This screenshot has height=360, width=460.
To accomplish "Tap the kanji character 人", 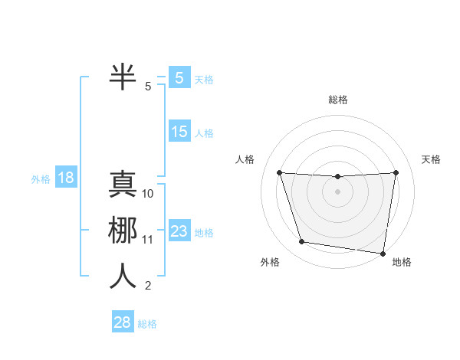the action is click(x=123, y=276).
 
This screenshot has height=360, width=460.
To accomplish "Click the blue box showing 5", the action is click(x=179, y=77).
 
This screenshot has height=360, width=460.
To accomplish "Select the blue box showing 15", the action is click(x=179, y=132).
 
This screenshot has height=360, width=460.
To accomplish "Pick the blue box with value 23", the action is click(x=179, y=231).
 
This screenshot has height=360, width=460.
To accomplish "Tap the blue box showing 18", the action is click(x=65, y=178).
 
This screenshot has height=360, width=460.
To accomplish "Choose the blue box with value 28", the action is click(x=123, y=322).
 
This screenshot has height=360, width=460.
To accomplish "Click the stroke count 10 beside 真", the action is click(x=148, y=194).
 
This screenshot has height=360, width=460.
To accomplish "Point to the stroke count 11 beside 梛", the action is click(x=148, y=240).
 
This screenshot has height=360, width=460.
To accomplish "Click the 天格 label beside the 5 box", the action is click(x=204, y=79).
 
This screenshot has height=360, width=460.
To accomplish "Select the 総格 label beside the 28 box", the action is click(x=147, y=324).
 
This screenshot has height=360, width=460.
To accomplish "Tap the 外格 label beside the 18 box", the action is click(x=41, y=179).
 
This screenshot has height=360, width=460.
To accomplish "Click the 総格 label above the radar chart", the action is click(x=337, y=100).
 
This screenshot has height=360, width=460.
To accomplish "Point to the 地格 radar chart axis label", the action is click(x=402, y=263).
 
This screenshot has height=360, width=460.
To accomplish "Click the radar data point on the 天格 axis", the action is click(x=396, y=172).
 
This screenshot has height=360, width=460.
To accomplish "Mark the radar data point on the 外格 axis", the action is click(x=302, y=242).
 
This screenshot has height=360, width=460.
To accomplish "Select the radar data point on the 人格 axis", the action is click(x=279, y=172).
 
